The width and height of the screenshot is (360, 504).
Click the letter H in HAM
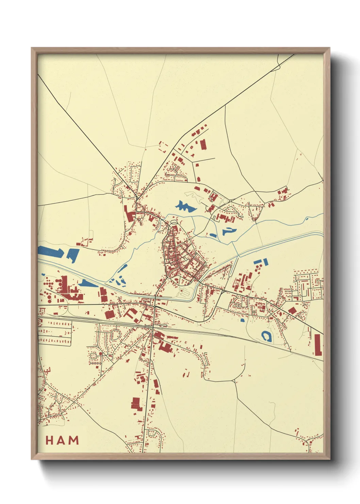pos(49,440)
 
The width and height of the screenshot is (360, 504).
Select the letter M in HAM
pos(74,440)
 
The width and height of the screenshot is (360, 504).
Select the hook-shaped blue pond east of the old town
pos(229,231)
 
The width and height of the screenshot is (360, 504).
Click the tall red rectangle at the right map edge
pos(318,345)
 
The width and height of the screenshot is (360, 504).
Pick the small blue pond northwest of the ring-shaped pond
pos(242,320)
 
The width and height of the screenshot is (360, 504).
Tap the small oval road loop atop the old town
pos(174,222)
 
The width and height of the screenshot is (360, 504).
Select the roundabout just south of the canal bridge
pos(154,306)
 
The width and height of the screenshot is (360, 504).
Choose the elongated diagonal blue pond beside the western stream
pos(122,268)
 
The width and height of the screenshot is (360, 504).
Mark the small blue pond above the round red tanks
pos(43,274)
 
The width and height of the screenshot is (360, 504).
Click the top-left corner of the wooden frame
pos(32,48)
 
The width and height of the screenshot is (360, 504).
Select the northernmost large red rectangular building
pos(203,144)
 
